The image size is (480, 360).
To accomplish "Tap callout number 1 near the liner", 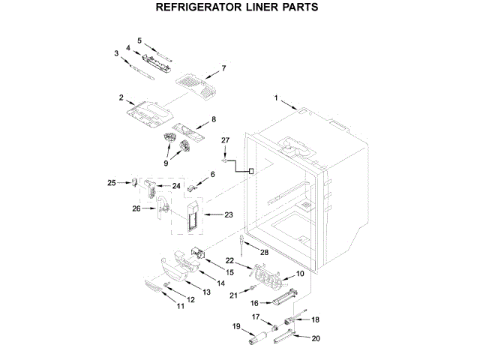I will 275,97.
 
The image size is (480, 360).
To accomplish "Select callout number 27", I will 224,140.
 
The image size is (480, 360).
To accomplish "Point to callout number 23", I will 229,214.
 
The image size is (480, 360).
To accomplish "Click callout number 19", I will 235,327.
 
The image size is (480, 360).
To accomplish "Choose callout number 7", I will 223,69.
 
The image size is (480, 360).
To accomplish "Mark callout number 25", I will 112,182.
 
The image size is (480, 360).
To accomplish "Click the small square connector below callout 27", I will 250,171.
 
